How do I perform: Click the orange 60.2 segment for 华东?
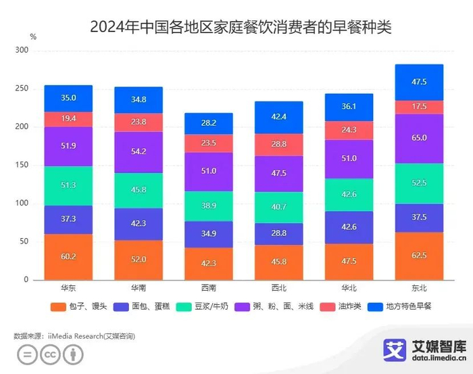[68, 256]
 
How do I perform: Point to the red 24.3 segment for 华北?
[348, 131]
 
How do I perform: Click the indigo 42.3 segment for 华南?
[138, 224]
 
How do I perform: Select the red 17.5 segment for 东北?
[418, 107]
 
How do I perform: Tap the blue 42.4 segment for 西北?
[278, 117]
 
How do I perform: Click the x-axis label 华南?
[138, 287]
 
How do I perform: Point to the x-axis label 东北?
[418, 287]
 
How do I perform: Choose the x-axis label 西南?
[208, 287]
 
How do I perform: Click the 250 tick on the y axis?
[22, 89]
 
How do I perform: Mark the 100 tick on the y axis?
[22, 204]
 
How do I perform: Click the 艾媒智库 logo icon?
[395, 350]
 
